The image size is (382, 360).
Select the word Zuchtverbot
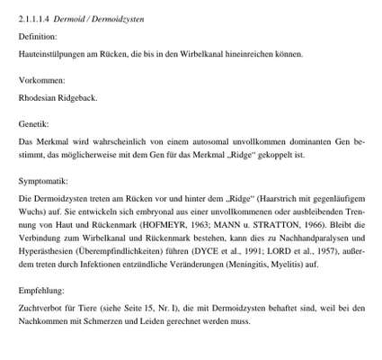click(x=41, y=309)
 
